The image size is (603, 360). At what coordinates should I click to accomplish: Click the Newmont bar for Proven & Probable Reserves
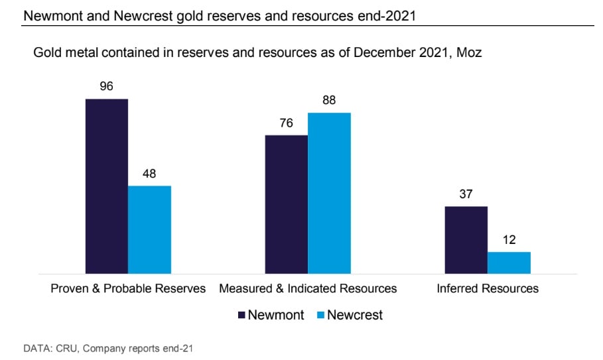(x=107, y=186)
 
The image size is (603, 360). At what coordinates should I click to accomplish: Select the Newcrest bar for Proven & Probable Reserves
(x=149, y=229)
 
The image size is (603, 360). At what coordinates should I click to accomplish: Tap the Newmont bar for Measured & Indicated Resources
(x=286, y=204)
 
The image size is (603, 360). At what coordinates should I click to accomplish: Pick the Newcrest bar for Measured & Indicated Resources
(x=329, y=193)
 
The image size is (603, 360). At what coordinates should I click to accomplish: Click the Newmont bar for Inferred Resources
(x=466, y=239)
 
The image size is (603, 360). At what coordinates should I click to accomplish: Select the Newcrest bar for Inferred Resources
(x=509, y=262)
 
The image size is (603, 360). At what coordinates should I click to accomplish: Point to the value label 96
(x=107, y=86)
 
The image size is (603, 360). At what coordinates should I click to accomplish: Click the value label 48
(x=149, y=174)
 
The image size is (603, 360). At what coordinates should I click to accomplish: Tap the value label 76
(x=286, y=123)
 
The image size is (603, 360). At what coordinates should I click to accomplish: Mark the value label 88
(x=329, y=101)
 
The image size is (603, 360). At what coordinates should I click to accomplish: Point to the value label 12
(x=509, y=239)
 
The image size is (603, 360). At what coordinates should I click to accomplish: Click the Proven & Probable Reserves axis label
(x=128, y=288)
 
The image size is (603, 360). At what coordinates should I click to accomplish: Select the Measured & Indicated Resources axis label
(x=308, y=288)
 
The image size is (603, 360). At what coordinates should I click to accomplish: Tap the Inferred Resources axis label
(x=488, y=288)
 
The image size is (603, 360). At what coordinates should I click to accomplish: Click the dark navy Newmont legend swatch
(x=241, y=315)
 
